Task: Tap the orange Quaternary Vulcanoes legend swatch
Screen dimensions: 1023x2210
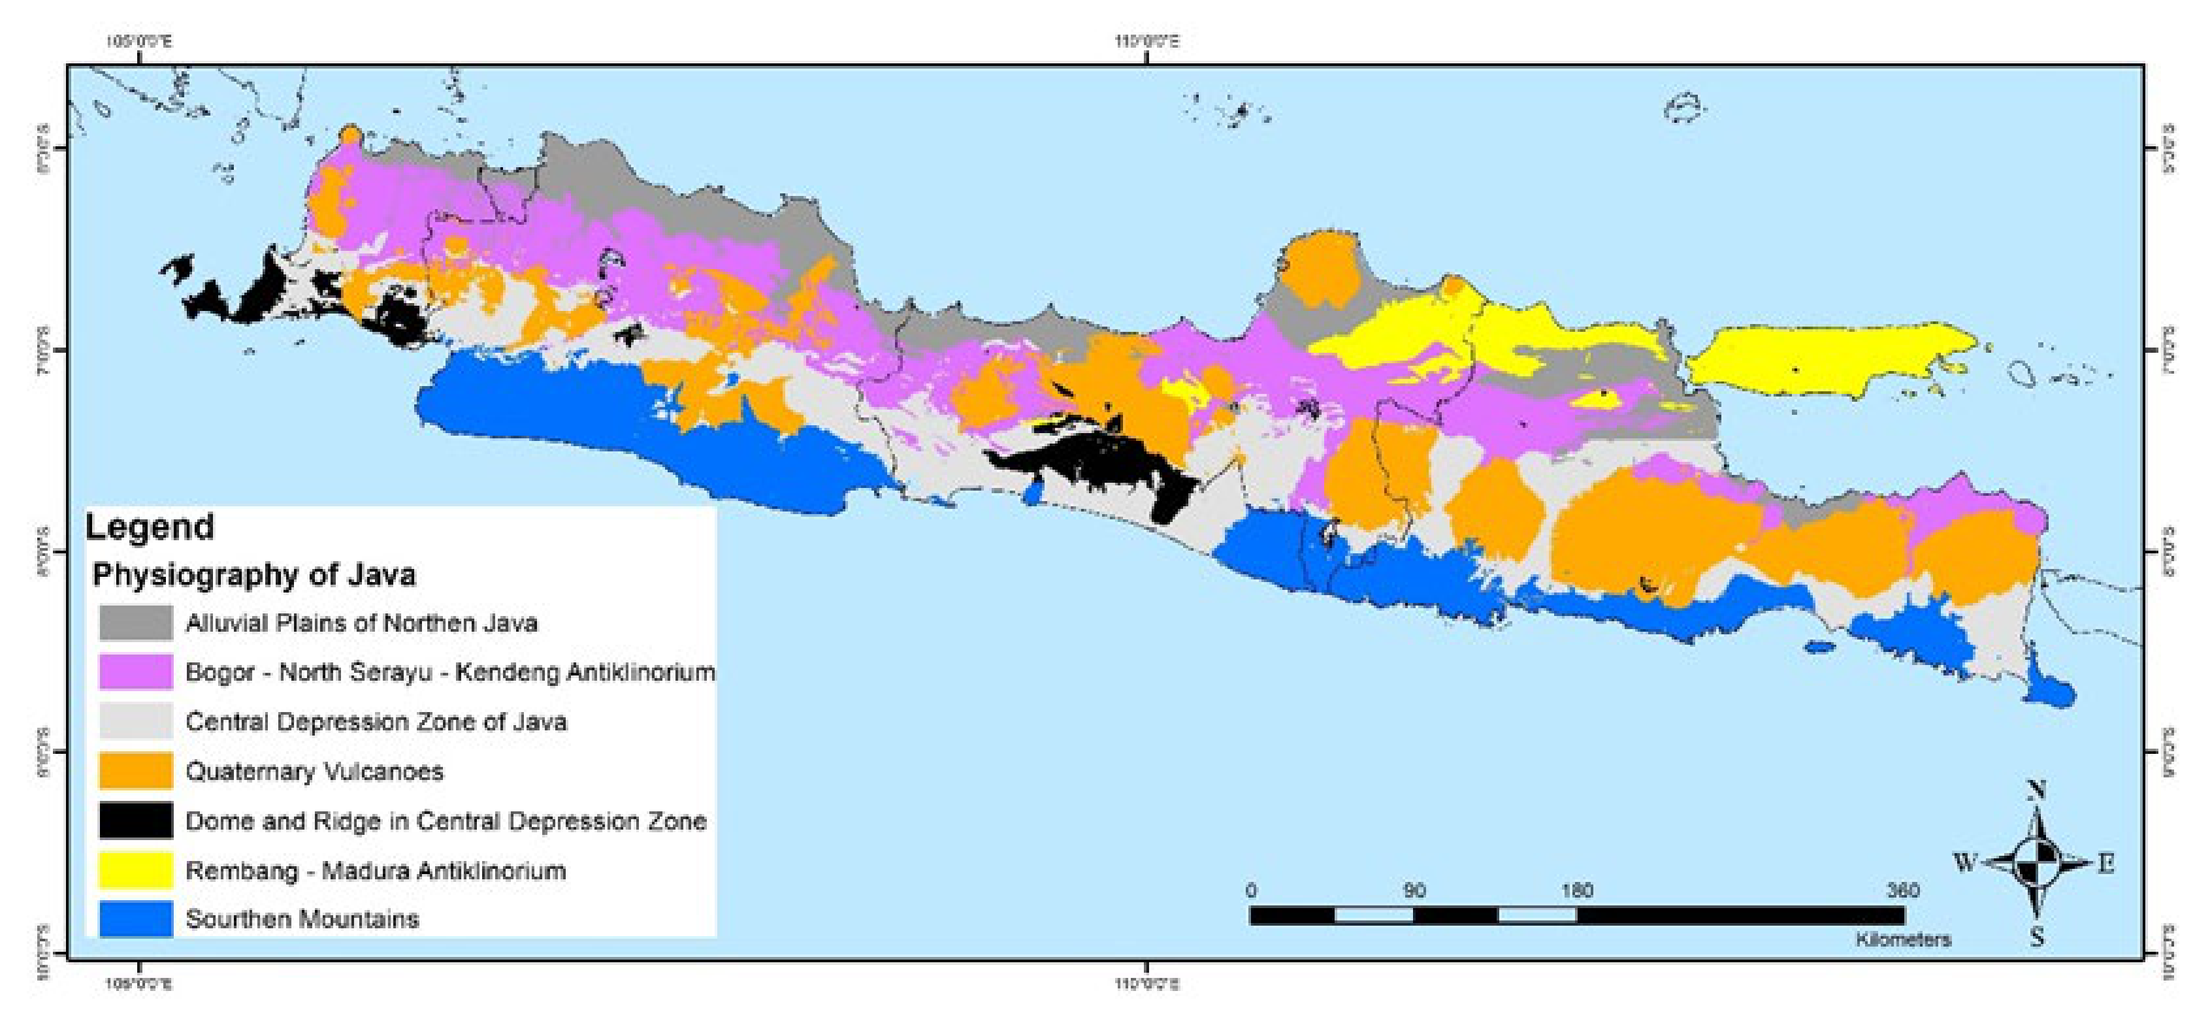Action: point(135,771)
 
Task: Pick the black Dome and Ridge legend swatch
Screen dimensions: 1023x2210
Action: point(135,820)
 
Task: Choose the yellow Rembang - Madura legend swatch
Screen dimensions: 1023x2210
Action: point(135,870)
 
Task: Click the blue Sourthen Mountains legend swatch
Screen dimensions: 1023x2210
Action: point(135,919)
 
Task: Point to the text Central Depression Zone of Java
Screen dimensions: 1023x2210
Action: point(376,722)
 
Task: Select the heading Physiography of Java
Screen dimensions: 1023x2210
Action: point(254,574)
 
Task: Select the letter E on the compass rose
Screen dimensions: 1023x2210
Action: point(2106,864)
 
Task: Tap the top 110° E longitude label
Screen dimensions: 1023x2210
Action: point(1147,41)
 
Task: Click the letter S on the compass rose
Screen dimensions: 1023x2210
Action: point(2038,937)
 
